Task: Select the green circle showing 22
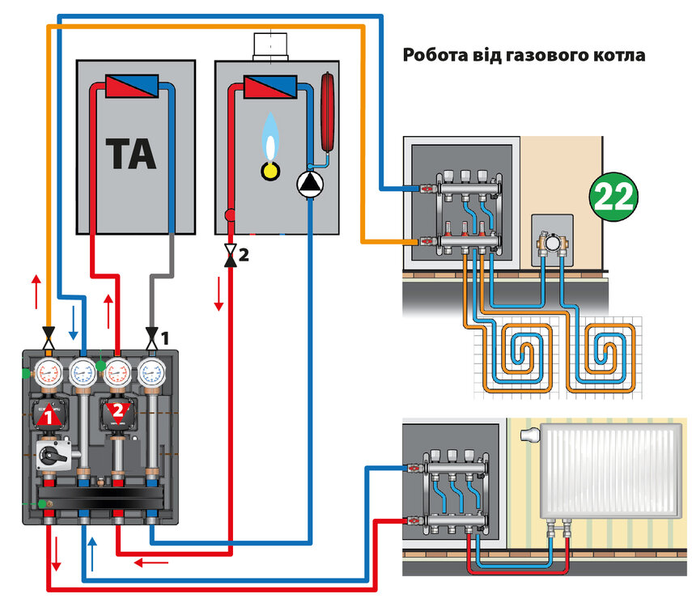click(613, 196)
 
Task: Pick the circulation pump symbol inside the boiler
click(309, 185)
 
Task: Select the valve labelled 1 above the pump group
click(151, 334)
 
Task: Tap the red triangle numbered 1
click(49, 416)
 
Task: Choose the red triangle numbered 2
click(117, 412)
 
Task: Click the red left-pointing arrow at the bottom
click(151, 562)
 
